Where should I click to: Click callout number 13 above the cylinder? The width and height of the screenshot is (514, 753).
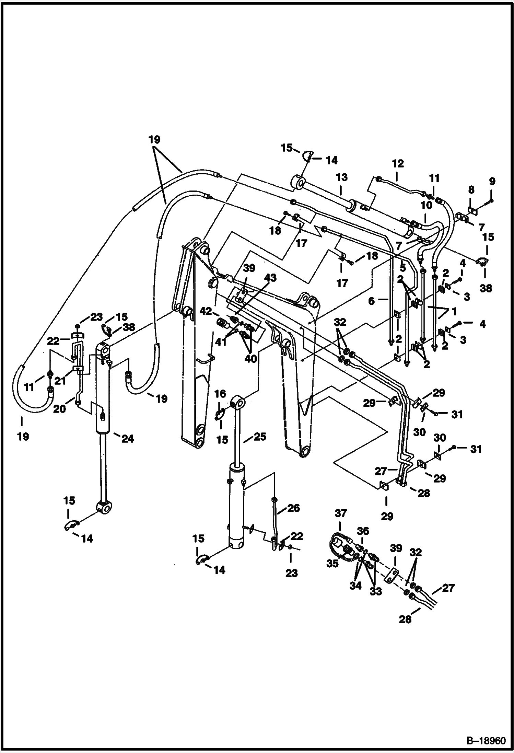tap(342, 178)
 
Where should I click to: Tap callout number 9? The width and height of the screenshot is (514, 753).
tap(492, 181)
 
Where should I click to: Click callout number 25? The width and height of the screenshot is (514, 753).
tap(260, 437)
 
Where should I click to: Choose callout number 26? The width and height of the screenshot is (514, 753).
tap(294, 508)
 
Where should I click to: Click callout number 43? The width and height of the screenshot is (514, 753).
tap(270, 278)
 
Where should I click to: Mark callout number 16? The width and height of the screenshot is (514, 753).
tap(220, 394)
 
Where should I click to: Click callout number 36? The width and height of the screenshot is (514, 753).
tap(363, 531)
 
